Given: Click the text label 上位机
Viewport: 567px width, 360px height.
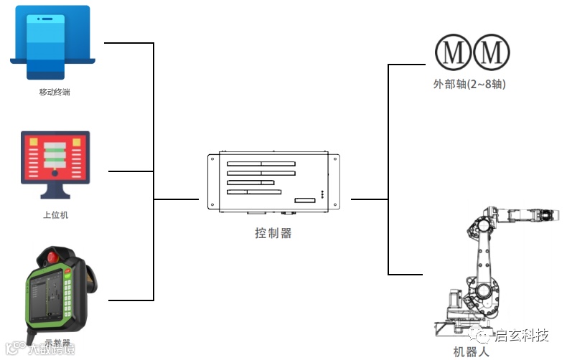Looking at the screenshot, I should pyautogui.click(x=55, y=214).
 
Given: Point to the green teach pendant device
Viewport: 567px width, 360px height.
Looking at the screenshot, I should pyautogui.click(x=57, y=294).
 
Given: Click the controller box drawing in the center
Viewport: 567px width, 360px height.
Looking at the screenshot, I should pyautogui.click(x=273, y=182).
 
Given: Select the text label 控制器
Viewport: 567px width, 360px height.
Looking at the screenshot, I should pyautogui.click(x=273, y=233).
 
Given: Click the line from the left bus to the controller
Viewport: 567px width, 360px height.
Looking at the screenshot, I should pyautogui.click(x=176, y=199).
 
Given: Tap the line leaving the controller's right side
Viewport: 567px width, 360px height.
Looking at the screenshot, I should pyautogui.click(x=369, y=199).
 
